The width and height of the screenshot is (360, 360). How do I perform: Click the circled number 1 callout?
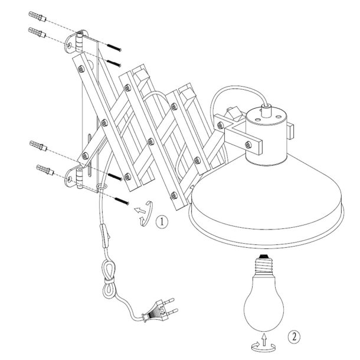162,221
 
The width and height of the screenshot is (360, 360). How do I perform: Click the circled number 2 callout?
294,337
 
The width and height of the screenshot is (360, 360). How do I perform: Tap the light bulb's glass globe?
264,303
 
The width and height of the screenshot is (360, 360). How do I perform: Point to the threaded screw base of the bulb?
264,264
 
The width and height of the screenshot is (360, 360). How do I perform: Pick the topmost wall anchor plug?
37,16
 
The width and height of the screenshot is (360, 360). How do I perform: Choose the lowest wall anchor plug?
45,170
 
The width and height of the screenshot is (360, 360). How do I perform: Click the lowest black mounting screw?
122,201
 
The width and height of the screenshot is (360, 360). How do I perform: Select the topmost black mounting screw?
114,47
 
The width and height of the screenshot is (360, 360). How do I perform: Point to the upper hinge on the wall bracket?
80,41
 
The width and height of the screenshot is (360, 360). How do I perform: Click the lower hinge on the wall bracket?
80,178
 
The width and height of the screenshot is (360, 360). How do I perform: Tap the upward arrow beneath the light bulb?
264,340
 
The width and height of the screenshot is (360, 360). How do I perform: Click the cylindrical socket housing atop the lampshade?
266,136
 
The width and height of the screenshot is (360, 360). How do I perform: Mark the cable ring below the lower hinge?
102,186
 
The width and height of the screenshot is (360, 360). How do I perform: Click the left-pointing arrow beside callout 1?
140,210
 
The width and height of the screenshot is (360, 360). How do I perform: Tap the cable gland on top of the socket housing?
266,111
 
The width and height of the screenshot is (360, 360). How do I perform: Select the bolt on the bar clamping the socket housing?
248,145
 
